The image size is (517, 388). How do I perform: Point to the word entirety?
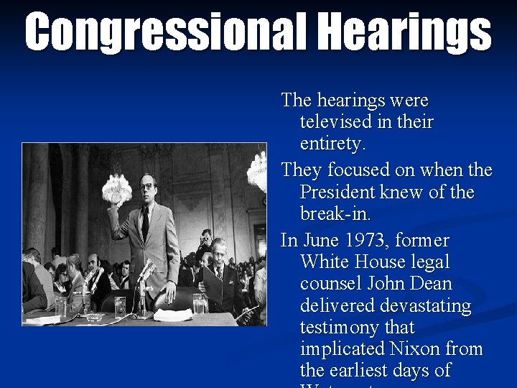coord(332,144)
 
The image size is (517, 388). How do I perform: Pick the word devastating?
coord(386,305)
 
